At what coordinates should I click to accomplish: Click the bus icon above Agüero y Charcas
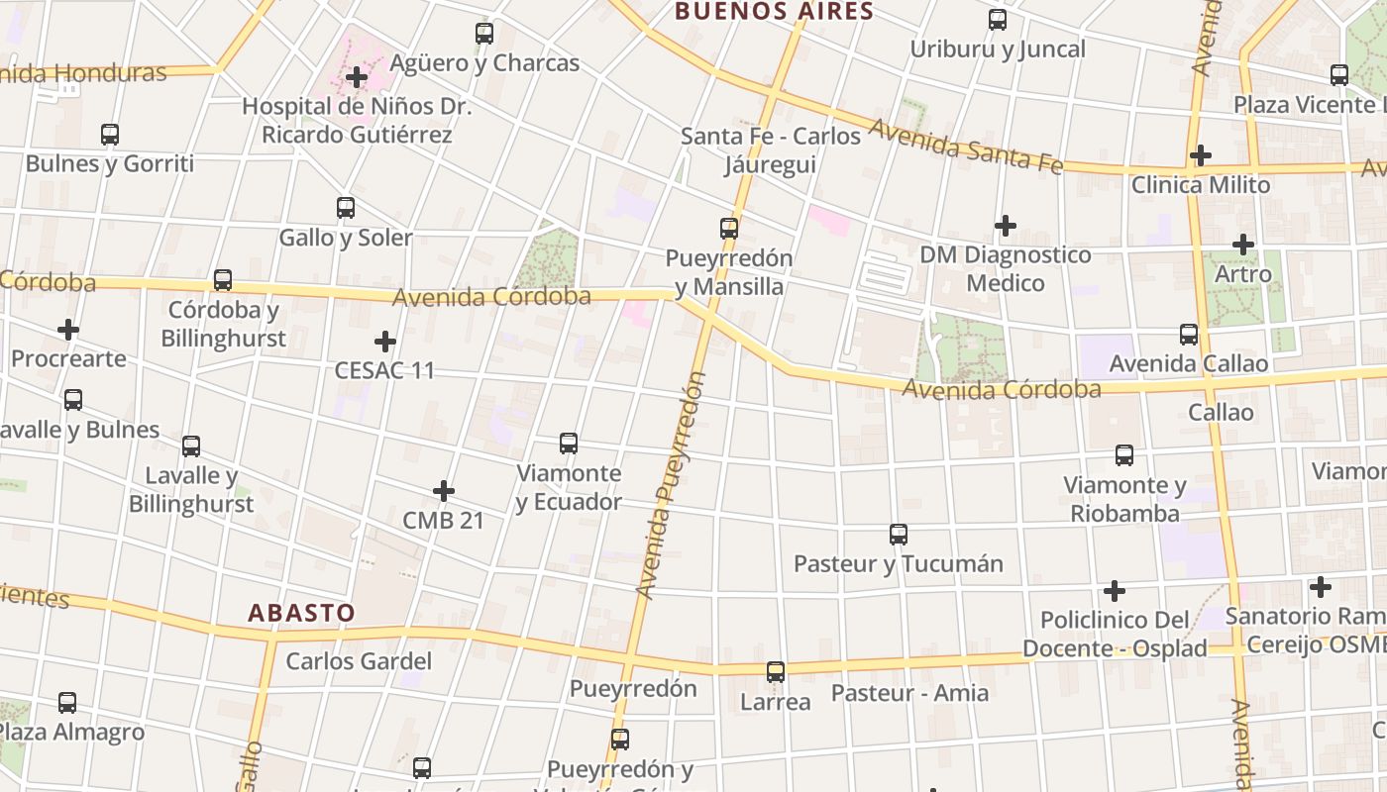484,33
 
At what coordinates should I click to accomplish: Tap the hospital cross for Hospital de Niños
357,76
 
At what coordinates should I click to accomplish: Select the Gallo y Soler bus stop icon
346,208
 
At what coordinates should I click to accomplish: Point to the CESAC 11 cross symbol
385,342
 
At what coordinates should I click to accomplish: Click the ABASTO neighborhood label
301,613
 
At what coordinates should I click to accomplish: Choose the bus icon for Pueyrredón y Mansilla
729,229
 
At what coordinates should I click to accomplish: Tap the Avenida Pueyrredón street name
671,485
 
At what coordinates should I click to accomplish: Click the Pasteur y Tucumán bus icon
899,535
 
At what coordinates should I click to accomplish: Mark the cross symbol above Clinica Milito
1201,155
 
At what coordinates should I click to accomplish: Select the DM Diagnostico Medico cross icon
1006,226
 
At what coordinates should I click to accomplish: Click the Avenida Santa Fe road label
966,148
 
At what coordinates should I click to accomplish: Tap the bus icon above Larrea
776,672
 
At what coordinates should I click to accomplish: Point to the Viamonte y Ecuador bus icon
569,444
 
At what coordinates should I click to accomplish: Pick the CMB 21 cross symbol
444,490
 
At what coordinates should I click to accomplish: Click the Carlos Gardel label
359,661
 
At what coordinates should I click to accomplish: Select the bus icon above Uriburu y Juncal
998,20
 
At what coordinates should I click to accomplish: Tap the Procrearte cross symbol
68,329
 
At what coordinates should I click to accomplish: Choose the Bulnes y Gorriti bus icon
110,135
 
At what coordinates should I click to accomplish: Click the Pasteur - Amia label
909,692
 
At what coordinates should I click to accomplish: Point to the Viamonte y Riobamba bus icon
1124,455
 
